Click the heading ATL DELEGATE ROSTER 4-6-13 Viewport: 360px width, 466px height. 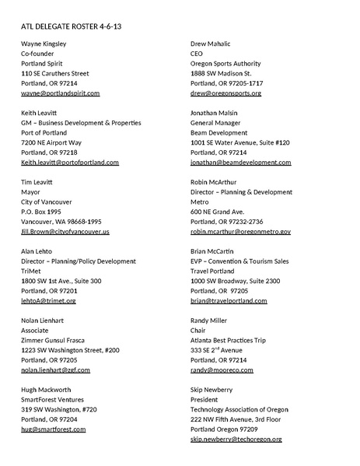click(71, 26)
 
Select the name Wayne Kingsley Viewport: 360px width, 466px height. click(44, 44)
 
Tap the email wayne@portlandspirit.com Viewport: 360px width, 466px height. click(61, 93)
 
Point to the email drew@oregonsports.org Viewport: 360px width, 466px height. click(225, 93)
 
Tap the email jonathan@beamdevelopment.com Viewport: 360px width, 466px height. click(236, 163)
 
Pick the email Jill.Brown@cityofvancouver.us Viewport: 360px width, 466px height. click(65, 232)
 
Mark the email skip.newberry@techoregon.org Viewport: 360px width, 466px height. click(236, 440)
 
